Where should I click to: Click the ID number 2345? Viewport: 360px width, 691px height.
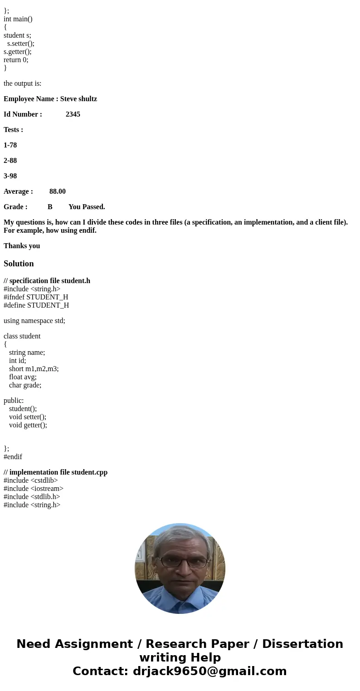pos(73,114)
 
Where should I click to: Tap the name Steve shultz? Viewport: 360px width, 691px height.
pos(78,99)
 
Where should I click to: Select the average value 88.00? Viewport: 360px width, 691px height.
pos(58,191)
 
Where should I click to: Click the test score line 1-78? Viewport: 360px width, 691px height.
pos(10,145)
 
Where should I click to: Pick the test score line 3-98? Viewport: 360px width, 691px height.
pos(10,176)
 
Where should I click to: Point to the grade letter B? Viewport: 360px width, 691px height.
pos(50,207)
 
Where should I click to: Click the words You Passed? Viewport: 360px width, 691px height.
pos(87,207)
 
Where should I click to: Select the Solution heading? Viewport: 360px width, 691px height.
pos(19,264)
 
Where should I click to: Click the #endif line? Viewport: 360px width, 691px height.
pos(13,457)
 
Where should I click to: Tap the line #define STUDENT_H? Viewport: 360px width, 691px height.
pos(36,305)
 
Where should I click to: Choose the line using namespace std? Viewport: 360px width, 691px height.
pos(34,321)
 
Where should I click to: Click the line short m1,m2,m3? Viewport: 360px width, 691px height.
pos(34,369)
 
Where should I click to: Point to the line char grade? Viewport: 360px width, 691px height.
pos(25,385)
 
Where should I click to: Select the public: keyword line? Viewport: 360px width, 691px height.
pos(14,401)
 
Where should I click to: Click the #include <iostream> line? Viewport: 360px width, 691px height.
pos(34,489)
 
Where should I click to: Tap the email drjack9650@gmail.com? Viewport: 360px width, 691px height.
pos(209,671)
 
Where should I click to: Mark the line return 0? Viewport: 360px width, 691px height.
pos(16,60)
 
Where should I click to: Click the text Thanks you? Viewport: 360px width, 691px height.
pos(22,246)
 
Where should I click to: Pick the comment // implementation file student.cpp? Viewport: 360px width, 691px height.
pos(55,472)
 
